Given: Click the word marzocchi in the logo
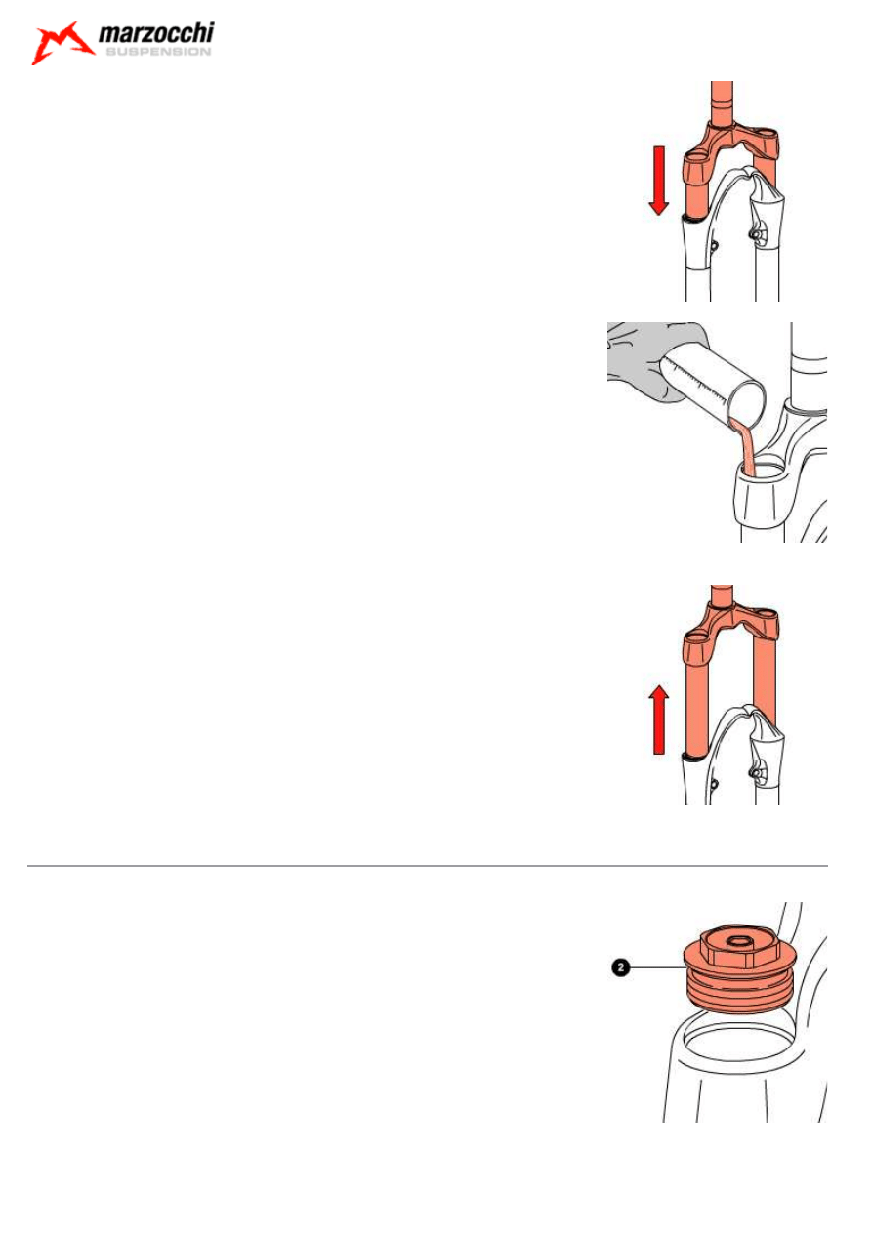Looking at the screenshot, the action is (x=156, y=33).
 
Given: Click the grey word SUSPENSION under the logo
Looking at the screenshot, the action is (x=158, y=52).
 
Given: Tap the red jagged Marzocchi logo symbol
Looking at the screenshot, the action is (x=62, y=43).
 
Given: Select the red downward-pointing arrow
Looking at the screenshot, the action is (x=658, y=181).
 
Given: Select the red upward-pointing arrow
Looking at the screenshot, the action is (x=658, y=719).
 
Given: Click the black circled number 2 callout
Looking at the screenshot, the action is (x=620, y=967).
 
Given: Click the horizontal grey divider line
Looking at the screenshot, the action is (x=427, y=866).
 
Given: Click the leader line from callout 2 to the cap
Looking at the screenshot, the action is (x=657, y=967).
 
